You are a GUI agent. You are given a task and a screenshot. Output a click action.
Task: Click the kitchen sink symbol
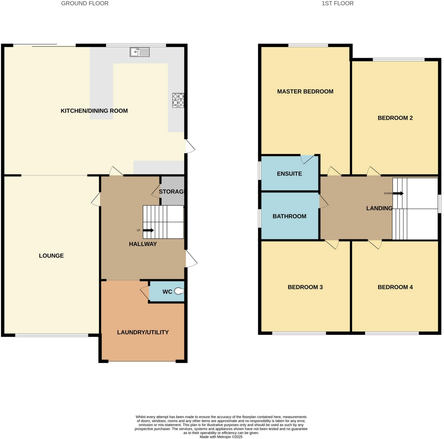point(140,52)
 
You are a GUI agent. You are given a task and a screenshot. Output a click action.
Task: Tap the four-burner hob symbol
point(178,100)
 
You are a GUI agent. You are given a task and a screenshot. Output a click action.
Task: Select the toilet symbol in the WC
point(179,291)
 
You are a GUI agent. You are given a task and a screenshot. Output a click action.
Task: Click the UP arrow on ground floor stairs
point(148,230)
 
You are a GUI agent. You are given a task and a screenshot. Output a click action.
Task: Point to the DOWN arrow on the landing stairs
point(398,194)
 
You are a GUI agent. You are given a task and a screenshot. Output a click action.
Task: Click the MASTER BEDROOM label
point(305,92)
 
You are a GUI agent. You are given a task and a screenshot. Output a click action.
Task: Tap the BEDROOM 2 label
point(395,118)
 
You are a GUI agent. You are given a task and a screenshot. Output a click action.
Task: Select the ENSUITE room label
point(289,174)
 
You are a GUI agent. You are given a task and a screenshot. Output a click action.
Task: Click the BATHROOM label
point(289,216)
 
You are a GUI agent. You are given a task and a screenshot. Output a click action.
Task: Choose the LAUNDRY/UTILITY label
point(143,332)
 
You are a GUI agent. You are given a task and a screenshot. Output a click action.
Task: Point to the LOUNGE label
point(51,256)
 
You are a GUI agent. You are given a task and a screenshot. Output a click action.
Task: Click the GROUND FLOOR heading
point(85,4)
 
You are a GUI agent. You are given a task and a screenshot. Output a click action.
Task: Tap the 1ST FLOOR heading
point(337,4)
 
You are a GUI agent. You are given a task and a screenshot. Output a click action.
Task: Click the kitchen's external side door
point(190,146)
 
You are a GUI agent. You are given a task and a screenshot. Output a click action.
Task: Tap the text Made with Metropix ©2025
point(221,437)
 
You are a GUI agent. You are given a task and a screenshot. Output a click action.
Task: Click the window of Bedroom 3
point(299,333)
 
